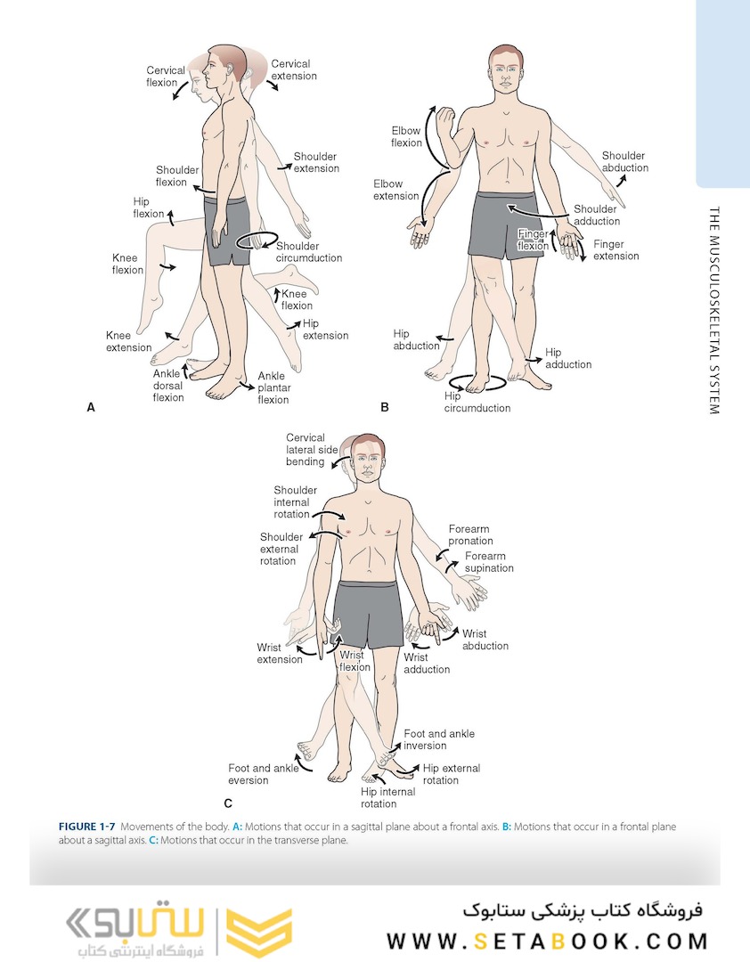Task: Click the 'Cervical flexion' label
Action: point(166,77)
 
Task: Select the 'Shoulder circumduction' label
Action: point(308,252)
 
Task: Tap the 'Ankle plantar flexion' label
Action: point(273,388)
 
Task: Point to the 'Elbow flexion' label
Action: point(406,136)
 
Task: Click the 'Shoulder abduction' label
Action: point(624,162)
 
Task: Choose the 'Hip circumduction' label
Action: point(477,403)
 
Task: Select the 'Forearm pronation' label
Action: point(469,535)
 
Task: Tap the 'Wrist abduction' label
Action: point(485,640)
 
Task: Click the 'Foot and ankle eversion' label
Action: point(263,774)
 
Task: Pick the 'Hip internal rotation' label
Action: point(387,797)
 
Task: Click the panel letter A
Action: point(90,408)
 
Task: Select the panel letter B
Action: point(385,408)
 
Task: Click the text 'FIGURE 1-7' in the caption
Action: point(86,827)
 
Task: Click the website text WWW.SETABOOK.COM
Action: point(547,941)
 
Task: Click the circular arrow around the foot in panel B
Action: point(477,384)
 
